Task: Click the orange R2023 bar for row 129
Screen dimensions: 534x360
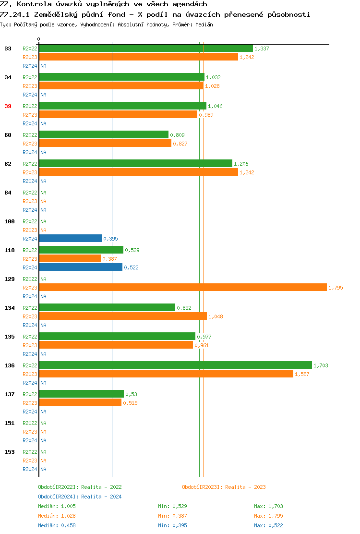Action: coord(182,287)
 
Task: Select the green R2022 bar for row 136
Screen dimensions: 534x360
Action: coord(175,365)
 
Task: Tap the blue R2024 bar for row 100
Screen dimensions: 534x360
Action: coord(70,238)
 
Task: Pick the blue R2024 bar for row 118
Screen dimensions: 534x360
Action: coord(81,267)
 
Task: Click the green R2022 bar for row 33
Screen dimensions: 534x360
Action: coord(145,48)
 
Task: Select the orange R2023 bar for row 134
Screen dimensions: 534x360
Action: coord(122,316)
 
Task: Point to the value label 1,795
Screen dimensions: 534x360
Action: coord(336,288)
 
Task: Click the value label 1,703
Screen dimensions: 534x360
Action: coord(321,365)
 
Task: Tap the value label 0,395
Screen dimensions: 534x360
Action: coord(110,239)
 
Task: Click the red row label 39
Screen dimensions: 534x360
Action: coord(8,106)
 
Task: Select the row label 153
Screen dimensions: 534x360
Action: coord(10,452)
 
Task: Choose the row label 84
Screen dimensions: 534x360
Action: coord(8,193)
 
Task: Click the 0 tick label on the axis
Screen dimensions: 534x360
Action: coord(39,39)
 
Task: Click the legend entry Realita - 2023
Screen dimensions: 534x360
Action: coord(224,487)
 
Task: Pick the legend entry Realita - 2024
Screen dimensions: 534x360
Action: coord(80,497)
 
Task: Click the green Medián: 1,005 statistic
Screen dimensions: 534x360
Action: coord(57,506)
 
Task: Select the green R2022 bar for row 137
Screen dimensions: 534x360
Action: coord(81,394)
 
